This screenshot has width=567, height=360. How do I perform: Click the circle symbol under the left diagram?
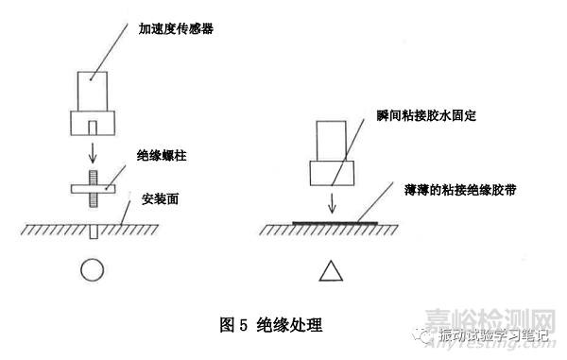[91, 271]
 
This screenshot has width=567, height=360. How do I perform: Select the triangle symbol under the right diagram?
[330, 272]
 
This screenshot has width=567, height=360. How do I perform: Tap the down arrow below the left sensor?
[92, 150]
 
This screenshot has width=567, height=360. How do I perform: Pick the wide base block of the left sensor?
[92, 123]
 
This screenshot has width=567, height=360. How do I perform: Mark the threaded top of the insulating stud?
[92, 176]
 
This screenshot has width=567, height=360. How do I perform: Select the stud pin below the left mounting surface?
[92, 233]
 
